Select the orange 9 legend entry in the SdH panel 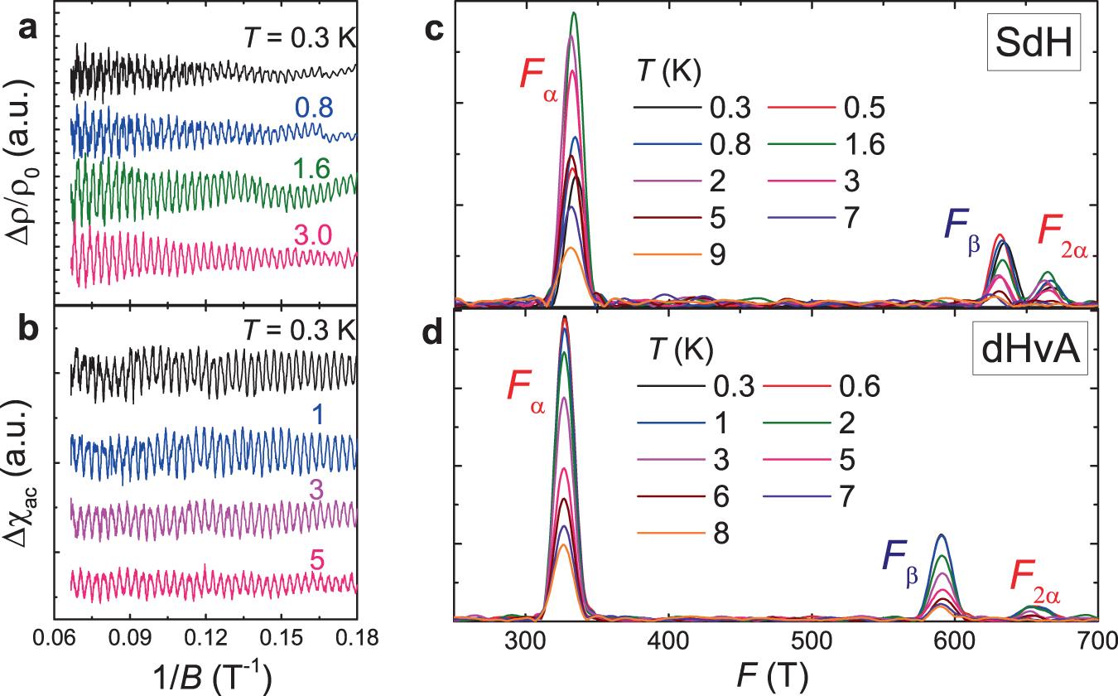717,254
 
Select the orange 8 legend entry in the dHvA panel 717,530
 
